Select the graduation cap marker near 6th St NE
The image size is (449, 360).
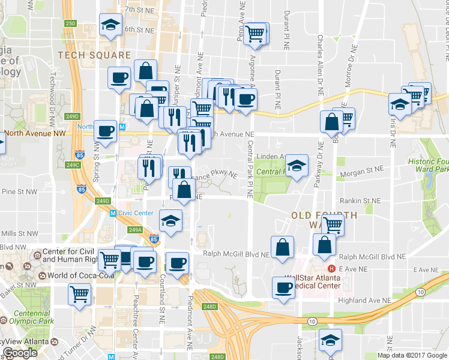pos(110,25)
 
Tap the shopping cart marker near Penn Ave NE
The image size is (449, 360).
pos(256,34)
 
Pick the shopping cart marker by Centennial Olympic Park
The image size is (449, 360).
pos(80,295)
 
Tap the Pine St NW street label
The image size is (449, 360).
pos(16,191)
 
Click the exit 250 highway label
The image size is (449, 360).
pos(71,23)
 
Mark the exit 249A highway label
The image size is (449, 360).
pos(135,229)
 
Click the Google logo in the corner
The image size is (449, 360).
pos(20,353)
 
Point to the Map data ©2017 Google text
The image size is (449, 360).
pos(412,355)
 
